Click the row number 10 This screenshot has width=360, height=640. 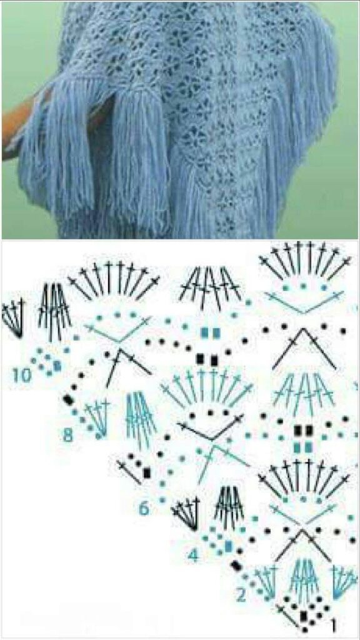22,375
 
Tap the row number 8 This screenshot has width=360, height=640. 67,436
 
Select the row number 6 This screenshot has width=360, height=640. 144,509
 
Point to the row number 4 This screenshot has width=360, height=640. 193,555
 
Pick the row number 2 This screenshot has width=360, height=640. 241,596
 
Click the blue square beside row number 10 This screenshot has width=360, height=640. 57,366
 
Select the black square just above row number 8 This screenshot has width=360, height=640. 68,399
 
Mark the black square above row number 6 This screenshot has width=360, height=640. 147,472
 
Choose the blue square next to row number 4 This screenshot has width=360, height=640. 229,546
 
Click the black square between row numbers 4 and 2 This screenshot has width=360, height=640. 236,566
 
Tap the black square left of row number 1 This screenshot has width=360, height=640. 303,616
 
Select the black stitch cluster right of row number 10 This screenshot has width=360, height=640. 54,312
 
